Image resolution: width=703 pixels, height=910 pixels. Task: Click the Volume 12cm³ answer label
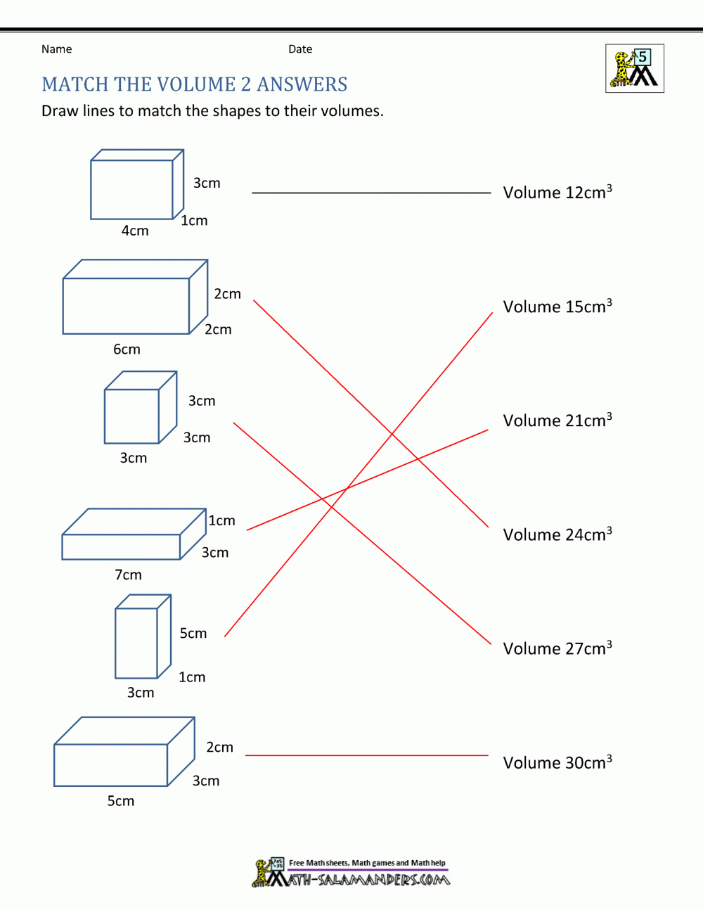pos(557,193)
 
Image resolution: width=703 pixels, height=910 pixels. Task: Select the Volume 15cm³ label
pos(557,307)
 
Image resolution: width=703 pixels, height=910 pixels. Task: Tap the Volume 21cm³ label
pos(557,421)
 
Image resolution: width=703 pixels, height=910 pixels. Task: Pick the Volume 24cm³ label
pos(557,534)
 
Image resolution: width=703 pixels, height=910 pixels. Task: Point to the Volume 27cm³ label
pos(557,648)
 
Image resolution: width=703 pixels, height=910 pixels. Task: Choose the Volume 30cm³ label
pos(557,762)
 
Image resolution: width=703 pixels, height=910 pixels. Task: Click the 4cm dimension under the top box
pos(135,231)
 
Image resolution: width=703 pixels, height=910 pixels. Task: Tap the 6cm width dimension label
pos(127,350)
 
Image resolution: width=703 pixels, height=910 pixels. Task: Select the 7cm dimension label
pos(128,575)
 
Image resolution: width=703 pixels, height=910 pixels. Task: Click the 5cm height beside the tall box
pos(193,634)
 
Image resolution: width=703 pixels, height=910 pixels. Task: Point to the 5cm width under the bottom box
pos(120,801)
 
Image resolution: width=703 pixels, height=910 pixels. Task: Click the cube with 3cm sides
pos(139,409)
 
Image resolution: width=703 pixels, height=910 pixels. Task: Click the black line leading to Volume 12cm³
pos(371,192)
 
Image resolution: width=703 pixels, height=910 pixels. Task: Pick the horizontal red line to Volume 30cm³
pos(366,755)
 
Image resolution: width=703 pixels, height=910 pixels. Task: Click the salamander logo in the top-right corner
pos(634,69)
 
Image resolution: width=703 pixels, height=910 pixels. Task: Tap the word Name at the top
pos(56,49)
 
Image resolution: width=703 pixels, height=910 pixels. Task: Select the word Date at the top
pos(300,49)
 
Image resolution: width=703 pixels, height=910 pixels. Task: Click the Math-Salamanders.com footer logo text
pos(366,879)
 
